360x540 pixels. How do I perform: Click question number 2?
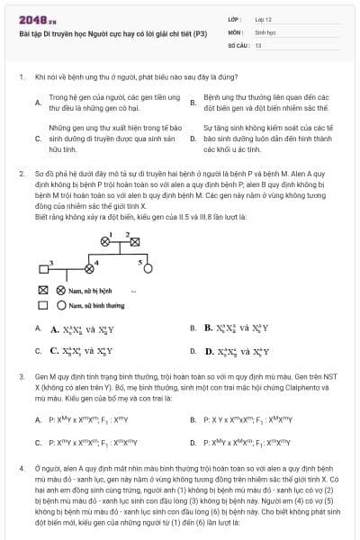(x=21, y=171)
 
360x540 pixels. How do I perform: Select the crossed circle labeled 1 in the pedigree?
(x=106, y=241)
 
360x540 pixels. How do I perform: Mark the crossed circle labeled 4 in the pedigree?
(x=88, y=267)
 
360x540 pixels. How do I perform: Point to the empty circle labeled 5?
(x=146, y=267)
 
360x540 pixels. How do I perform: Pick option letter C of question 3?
(x=37, y=443)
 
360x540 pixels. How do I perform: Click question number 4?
(x=21, y=469)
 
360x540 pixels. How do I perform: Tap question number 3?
(x=21, y=373)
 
